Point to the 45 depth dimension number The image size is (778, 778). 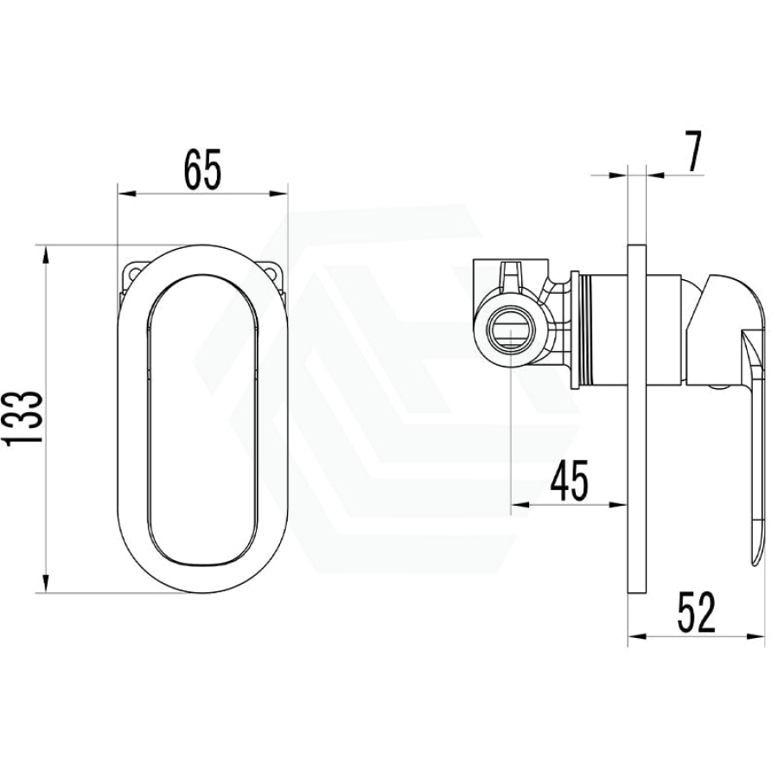(570, 480)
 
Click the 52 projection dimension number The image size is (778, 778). (697, 613)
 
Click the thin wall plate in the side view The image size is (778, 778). (638, 418)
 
